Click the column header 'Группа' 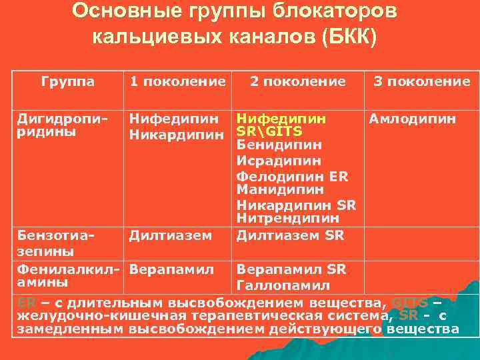tap(67, 81)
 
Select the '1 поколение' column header tap(178, 81)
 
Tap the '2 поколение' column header tap(298, 81)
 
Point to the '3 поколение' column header tap(421, 81)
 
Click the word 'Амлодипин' tap(413, 119)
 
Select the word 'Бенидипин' tap(279, 145)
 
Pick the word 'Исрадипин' tap(279, 161)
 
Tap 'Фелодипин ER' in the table tap(292, 177)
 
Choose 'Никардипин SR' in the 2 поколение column tap(296, 204)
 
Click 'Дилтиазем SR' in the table tap(290, 235)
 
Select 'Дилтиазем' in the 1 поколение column tap(171, 235)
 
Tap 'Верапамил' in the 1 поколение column tap(172, 269)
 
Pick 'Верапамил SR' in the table tap(291, 269)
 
